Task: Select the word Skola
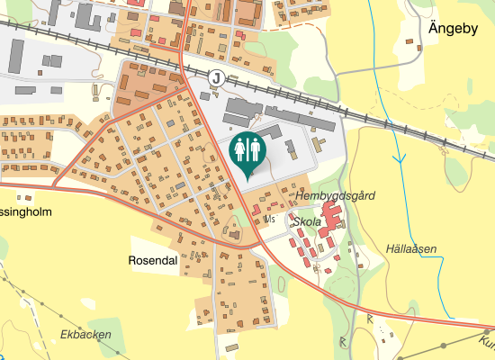[307, 220]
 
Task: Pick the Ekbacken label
[85, 335]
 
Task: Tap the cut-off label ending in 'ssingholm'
[26, 212]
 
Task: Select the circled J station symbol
[215, 77]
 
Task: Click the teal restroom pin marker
[247, 151]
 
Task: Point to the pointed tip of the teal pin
[247, 178]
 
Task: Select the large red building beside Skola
[331, 217]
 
